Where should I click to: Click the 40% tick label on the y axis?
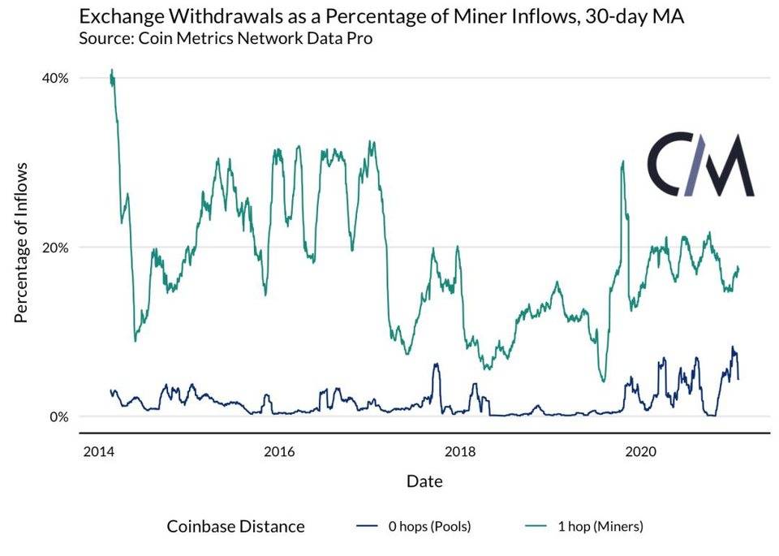[x=54, y=78]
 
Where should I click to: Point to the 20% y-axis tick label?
[x=54, y=247]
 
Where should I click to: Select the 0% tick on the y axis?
[x=58, y=416]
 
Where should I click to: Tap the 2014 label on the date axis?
[x=97, y=450]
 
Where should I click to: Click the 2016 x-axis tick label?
[x=279, y=450]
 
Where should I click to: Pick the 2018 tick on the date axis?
[x=461, y=450]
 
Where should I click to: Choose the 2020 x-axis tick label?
[x=643, y=450]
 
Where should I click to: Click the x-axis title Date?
[x=424, y=481]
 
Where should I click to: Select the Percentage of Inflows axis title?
[x=22, y=242]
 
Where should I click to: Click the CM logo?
[x=700, y=166]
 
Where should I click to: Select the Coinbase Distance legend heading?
[x=235, y=526]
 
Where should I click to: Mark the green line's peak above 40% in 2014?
[x=112, y=71]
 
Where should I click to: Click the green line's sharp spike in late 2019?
[x=622, y=162]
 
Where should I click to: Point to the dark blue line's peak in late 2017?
[x=436, y=364]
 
